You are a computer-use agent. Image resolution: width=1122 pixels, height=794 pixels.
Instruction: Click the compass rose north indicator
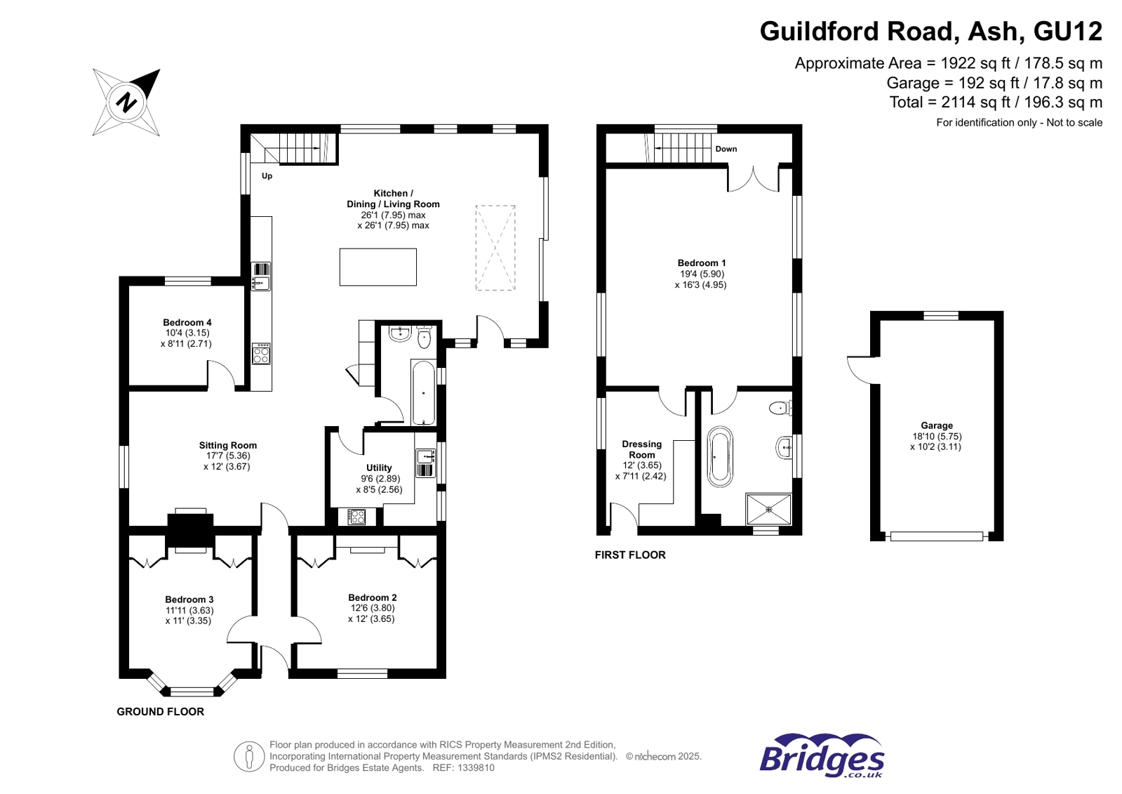126,102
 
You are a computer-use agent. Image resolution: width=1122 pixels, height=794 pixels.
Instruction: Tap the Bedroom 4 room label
187,322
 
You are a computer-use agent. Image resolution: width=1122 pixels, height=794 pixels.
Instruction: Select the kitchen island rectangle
378,267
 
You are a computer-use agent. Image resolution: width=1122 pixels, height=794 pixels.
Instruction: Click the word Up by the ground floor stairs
267,176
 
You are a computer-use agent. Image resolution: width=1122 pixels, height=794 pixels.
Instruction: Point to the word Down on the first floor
726,149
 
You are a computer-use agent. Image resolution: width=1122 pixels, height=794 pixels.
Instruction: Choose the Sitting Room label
228,445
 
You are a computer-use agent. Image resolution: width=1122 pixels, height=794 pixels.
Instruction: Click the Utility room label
379,468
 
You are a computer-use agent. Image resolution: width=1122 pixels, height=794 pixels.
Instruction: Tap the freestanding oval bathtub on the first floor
719,456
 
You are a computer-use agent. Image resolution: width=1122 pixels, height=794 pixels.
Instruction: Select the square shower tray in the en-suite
768,509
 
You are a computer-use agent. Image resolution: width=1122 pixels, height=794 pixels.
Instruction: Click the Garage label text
936,425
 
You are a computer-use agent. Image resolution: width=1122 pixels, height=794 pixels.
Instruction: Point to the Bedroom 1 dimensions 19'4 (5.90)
701,274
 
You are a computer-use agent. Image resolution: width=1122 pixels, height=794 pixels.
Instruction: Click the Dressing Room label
641,449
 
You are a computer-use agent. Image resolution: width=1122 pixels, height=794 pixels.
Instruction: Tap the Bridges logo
822,755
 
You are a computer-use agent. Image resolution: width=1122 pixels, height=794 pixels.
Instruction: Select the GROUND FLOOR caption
160,712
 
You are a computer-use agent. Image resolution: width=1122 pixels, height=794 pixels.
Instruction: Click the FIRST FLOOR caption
630,555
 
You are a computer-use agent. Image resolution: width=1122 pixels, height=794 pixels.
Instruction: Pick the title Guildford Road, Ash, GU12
930,31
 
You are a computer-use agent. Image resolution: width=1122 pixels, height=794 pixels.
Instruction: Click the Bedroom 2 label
372,597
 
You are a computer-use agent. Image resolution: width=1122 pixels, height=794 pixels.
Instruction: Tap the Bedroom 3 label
189,600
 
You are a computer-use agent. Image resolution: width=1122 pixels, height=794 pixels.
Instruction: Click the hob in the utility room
356,516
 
